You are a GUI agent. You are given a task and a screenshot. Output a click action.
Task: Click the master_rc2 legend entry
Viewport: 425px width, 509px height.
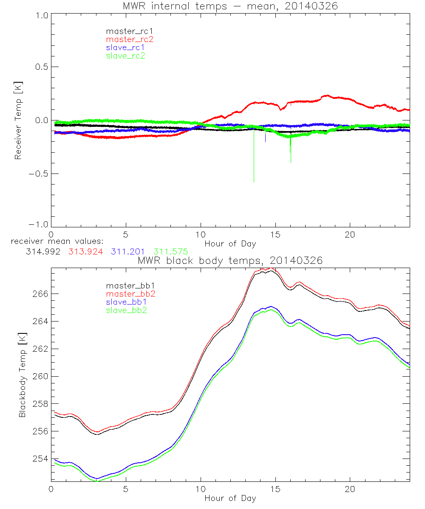tap(130, 39)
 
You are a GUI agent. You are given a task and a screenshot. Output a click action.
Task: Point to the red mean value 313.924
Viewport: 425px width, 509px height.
tap(85, 252)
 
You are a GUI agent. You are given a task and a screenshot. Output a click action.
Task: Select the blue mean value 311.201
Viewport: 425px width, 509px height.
tap(128, 252)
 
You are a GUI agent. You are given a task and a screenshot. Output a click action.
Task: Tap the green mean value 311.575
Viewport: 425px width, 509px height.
tap(171, 252)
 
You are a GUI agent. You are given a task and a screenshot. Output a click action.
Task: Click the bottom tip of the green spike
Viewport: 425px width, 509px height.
tap(291, 162)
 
